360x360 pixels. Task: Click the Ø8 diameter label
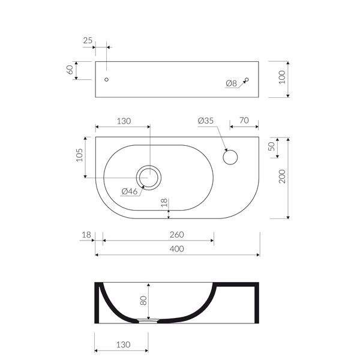pyautogui.click(x=231, y=83)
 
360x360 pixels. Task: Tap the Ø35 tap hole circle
pyautogui.click(x=230, y=151)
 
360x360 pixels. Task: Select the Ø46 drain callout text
pyautogui.click(x=130, y=191)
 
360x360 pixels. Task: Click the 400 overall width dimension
pyautogui.click(x=177, y=249)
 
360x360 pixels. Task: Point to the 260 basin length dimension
pyautogui.click(x=177, y=235)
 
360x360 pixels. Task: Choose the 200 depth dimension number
pyautogui.click(x=282, y=176)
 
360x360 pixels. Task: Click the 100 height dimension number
pyautogui.click(x=282, y=77)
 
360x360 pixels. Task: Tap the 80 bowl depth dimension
pyautogui.click(x=143, y=301)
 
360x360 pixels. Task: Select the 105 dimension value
pyautogui.click(x=79, y=155)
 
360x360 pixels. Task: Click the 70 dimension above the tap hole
pyautogui.click(x=244, y=121)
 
